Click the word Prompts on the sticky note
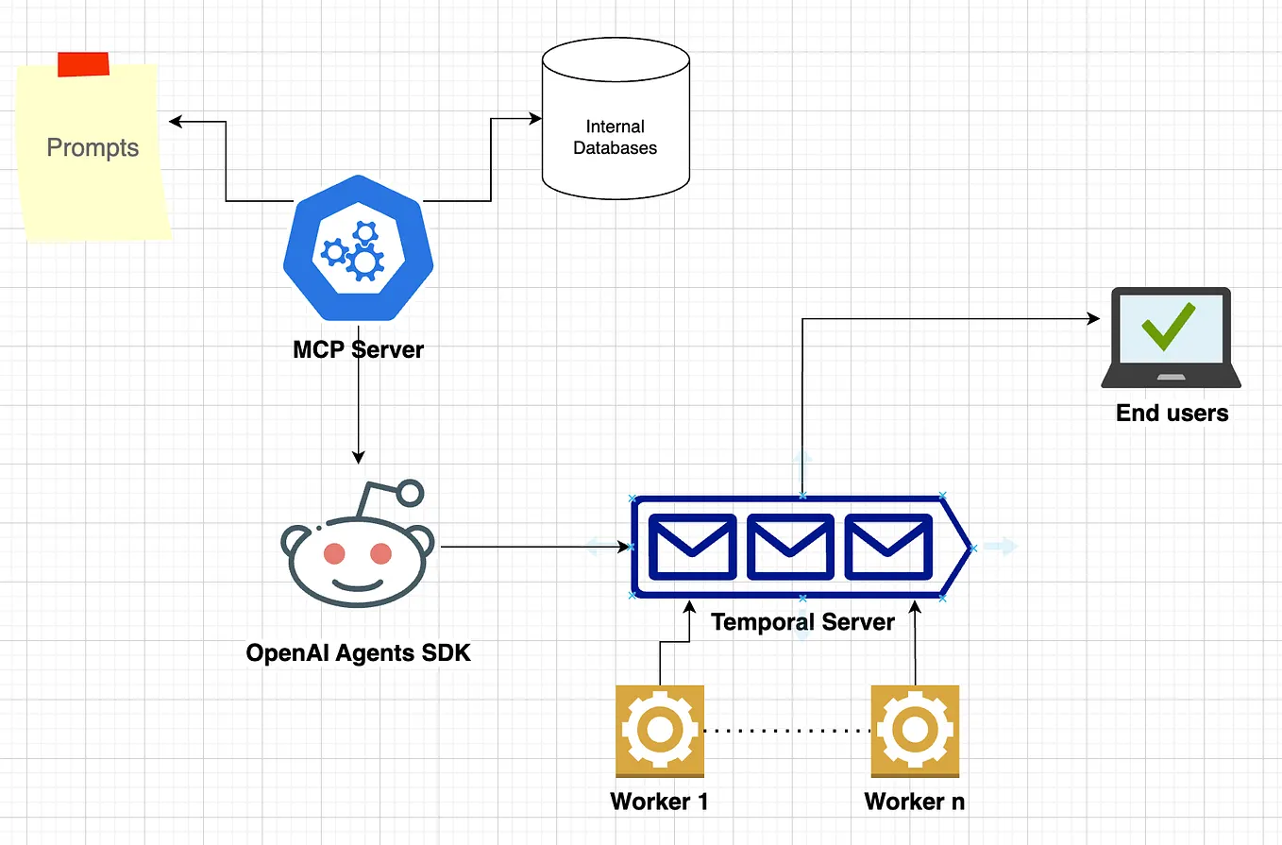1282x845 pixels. (93, 148)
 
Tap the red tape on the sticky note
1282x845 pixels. (83, 64)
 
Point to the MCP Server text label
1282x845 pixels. (359, 349)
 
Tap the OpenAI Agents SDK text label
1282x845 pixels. (358, 652)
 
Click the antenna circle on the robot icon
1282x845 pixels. (411, 492)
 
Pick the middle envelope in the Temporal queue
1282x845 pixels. (790, 547)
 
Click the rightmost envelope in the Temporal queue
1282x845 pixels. (887, 547)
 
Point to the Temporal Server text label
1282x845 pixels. (802, 622)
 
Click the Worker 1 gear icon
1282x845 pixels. (659, 730)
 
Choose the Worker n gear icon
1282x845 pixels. (915, 730)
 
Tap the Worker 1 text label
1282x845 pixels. (659, 802)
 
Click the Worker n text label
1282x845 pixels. (915, 802)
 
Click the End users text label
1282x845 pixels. (1172, 413)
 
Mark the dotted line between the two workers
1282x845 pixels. (786, 730)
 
